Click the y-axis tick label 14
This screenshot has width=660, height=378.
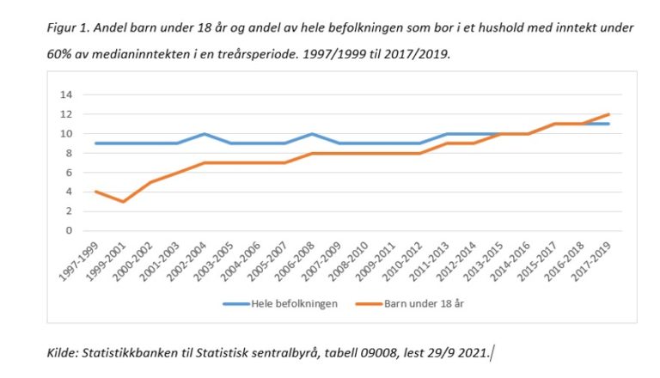click(x=65, y=94)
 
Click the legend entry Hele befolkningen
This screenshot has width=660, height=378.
click(x=287, y=303)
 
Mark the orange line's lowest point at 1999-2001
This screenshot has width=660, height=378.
click(x=122, y=202)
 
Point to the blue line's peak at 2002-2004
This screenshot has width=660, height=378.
click(x=205, y=134)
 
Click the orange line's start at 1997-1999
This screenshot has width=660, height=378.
click(x=95, y=192)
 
